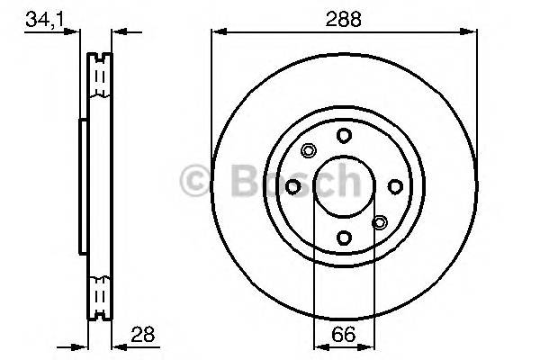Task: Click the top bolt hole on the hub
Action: (344, 135)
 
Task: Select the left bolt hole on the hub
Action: (292, 186)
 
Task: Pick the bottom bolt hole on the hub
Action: (344, 238)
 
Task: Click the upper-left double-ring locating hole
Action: (309, 150)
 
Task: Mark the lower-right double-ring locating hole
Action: (379, 221)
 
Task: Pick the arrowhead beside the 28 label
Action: (117, 344)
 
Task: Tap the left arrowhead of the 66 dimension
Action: (318, 344)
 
